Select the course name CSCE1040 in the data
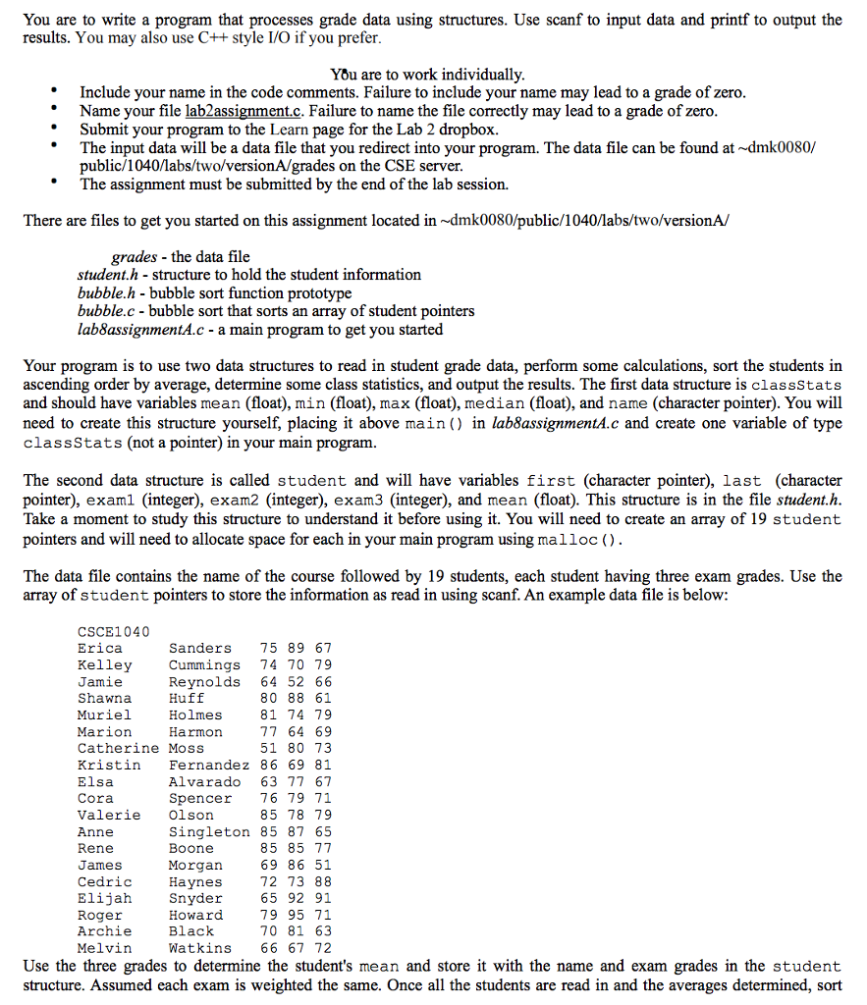coord(113,631)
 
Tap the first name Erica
coord(100,648)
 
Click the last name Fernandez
coord(209,765)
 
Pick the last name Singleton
coord(209,831)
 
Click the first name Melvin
coord(104,948)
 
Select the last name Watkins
coord(200,948)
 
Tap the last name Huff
coord(187,698)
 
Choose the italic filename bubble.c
coord(105,311)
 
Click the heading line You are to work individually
coord(428,75)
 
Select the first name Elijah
coord(104,898)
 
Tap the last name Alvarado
coord(204,781)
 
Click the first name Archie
coord(104,931)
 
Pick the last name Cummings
coord(204,664)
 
